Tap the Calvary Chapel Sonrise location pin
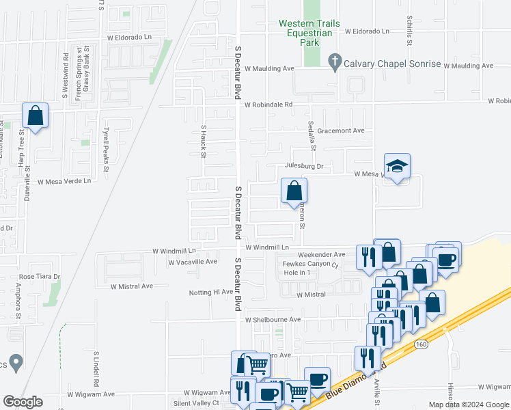[x=335, y=62]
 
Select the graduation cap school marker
[x=397, y=167]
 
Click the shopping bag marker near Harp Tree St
[x=36, y=116]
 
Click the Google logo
[x=23, y=402]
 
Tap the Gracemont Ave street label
[x=341, y=131]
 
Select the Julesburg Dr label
[x=303, y=166]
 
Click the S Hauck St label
[x=204, y=141]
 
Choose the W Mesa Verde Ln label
[x=64, y=182]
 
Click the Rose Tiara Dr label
[x=40, y=277]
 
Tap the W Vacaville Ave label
[x=192, y=262]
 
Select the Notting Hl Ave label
[x=211, y=292]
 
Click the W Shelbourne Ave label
[x=273, y=319]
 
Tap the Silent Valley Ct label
[x=195, y=403]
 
